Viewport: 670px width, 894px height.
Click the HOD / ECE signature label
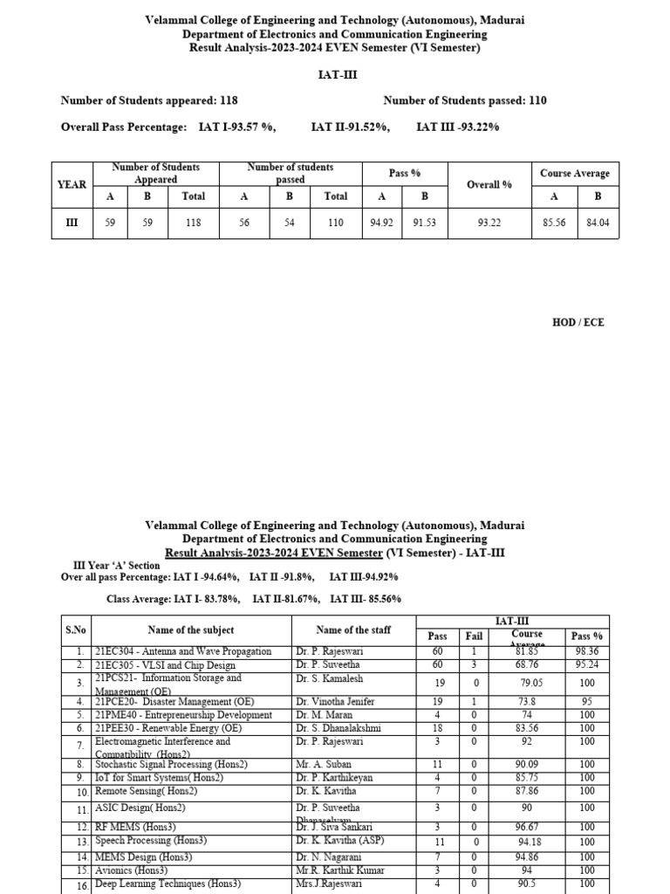[578, 322]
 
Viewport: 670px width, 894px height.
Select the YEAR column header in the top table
[72, 184]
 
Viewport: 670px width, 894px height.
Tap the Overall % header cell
[489, 184]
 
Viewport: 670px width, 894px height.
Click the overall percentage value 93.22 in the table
[489, 223]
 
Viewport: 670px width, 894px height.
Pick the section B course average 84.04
[598, 223]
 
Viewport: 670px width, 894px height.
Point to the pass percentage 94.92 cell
[380, 223]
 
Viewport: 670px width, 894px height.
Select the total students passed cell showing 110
[336, 223]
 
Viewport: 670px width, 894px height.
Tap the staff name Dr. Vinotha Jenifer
[335, 701]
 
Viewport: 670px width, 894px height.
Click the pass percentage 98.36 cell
[586, 651]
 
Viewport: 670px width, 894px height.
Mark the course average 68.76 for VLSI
[527, 664]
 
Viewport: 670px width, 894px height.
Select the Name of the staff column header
[352, 629]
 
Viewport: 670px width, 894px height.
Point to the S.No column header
[76, 629]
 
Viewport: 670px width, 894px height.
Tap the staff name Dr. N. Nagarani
[329, 857]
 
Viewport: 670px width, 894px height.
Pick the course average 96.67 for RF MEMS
[527, 827]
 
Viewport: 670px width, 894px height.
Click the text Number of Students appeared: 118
[149, 100]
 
